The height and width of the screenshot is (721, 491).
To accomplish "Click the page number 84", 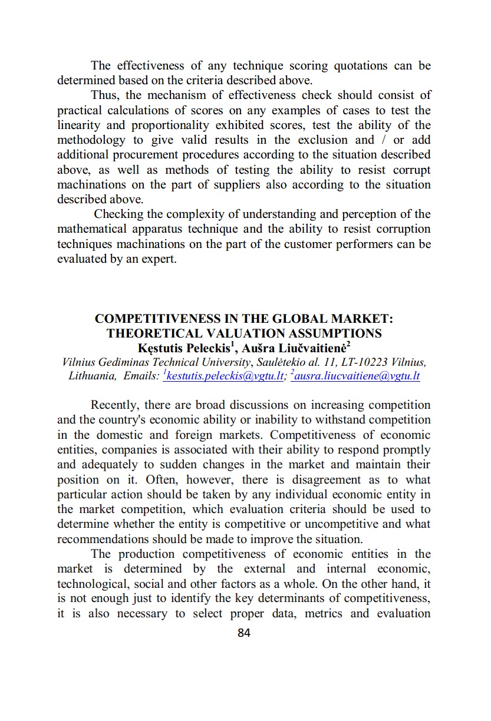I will [244, 633].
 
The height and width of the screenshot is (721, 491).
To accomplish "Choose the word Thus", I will [104, 95].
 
